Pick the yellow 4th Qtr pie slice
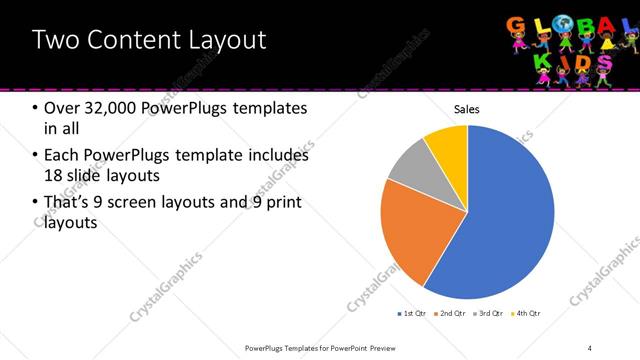[x=448, y=146]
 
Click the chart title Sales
[x=467, y=109]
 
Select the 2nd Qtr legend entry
[x=451, y=314]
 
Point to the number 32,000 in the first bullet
[x=113, y=108]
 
